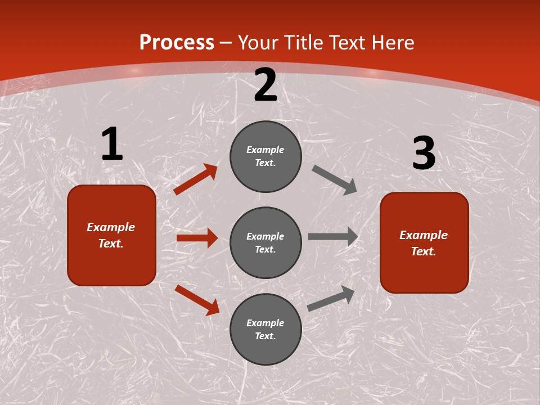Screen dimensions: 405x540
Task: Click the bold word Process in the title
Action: point(177,43)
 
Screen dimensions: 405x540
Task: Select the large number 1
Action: point(112,145)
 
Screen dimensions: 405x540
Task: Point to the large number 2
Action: point(265,85)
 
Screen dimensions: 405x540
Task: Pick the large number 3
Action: point(424,154)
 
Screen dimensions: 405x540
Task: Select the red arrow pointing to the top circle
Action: point(195,179)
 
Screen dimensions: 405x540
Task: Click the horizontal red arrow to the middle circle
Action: point(197,238)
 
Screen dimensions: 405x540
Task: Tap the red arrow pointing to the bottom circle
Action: point(197,300)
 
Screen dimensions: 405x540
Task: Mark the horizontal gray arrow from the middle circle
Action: point(333,237)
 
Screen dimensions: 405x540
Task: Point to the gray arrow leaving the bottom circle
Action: point(331,298)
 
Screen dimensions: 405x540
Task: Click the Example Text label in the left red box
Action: point(111,235)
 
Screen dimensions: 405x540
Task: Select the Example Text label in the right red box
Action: point(424,243)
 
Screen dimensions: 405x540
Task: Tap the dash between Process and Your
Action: point(226,43)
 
